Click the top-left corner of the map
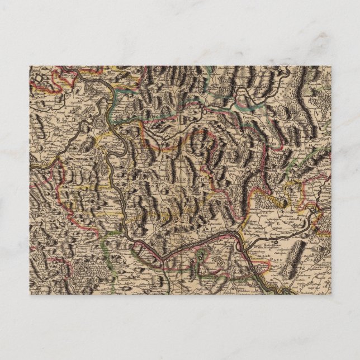pyautogui.click(x=30, y=67)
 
